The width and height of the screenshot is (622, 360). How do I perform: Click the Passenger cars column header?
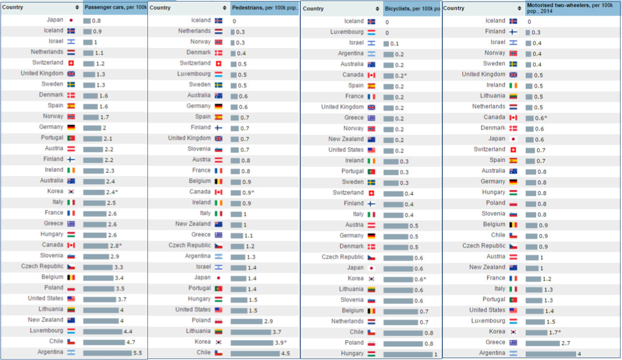[115, 7]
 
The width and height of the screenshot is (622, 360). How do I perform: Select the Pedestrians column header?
[264, 8]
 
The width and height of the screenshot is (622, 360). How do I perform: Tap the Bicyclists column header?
[412, 8]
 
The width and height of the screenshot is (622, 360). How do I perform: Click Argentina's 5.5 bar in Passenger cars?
[107, 353]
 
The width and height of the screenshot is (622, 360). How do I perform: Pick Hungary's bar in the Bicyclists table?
[408, 354]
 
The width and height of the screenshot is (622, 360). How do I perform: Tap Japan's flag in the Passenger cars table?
[71, 21]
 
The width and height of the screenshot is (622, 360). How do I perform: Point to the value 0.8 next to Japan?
[97, 21]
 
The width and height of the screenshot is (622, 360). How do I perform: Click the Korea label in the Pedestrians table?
[203, 341]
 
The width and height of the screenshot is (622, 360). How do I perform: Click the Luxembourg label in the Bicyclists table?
[347, 32]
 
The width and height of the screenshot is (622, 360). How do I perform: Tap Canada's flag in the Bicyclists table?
[371, 75]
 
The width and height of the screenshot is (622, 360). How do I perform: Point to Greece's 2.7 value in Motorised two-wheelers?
[566, 343]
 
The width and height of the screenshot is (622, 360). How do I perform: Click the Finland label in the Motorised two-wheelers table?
[495, 31]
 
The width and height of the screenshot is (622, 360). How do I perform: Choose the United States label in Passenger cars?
[45, 298]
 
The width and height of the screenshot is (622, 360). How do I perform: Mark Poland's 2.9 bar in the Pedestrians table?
[246, 321]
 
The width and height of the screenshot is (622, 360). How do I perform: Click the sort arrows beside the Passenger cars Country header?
[77, 7]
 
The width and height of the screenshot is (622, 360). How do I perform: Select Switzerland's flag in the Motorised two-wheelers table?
[513, 149]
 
